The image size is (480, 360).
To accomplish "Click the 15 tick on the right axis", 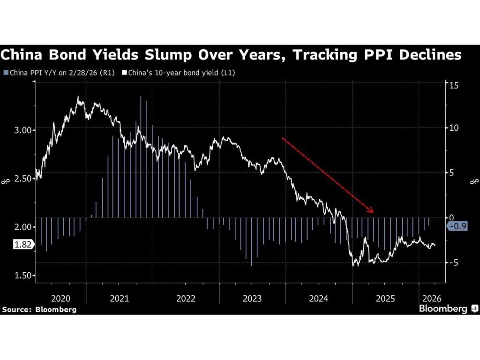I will pyautogui.click(x=453, y=85).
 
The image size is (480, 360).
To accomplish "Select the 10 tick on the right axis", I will pyautogui.click(x=453, y=128).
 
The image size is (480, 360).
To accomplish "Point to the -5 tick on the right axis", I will pyautogui.click(x=452, y=262).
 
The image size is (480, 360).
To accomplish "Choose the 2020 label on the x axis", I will pyautogui.click(x=60, y=299).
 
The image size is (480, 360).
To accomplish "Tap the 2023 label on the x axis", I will pyautogui.click(x=252, y=299).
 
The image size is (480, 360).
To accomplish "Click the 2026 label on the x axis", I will pyautogui.click(x=431, y=299).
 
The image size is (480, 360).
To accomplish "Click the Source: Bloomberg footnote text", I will pyautogui.click(x=39, y=309).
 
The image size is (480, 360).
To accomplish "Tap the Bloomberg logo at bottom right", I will pyautogui.click(x=448, y=308).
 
